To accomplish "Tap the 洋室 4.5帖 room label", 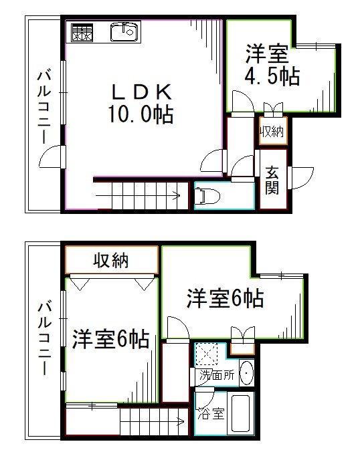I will (271, 64).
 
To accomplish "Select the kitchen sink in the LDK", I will (123, 31).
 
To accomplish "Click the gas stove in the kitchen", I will (82, 31).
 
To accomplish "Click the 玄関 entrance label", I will (272, 179).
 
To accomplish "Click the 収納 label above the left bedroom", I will (110, 261).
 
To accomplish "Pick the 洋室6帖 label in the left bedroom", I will (110, 340).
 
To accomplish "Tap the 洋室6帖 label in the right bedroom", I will (225, 298).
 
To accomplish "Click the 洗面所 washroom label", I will (217, 375).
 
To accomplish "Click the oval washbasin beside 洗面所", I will (246, 373).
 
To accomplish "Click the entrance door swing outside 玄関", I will (302, 177).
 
